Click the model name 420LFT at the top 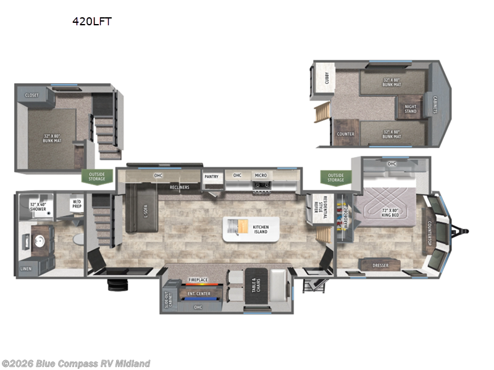point(92,21)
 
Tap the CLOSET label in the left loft point(31,96)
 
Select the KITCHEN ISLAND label point(261,230)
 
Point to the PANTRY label point(212,176)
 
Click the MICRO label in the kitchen point(261,176)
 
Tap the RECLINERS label point(178,187)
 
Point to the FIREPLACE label point(198,281)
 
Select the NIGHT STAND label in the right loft point(411,109)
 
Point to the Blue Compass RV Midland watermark point(76,363)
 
